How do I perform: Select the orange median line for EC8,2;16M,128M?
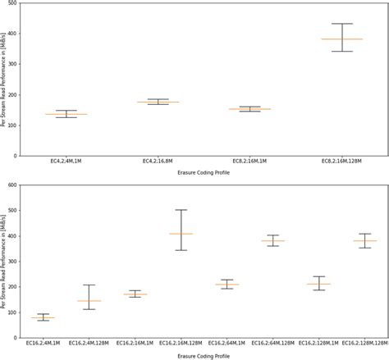[342, 39]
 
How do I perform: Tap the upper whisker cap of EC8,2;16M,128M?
[342, 24]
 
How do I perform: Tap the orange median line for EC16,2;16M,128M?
[181, 234]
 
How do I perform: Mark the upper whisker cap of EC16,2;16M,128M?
[181, 210]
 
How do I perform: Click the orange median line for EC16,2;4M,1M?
[43, 317]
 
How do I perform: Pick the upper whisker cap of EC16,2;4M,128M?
[89, 285]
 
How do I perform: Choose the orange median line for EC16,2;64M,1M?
[227, 285]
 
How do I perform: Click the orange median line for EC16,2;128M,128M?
[364, 240]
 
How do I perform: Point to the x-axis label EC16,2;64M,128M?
[272, 344]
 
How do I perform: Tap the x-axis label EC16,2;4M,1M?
[43, 344]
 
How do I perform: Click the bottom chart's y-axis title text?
[7, 261]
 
